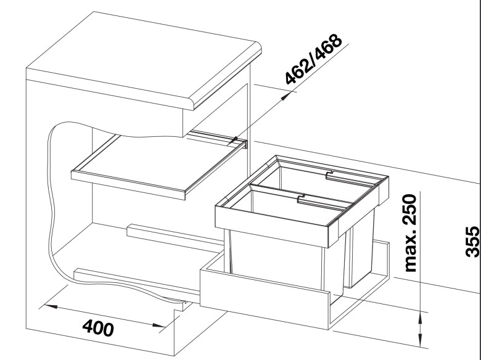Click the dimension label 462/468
(313, 59)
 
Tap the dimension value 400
(98, 328)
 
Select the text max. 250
(411, 233)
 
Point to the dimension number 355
(472, 242)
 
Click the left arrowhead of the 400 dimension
(50, 306)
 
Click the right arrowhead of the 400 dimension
(159, 325)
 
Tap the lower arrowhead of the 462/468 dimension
(233, 141)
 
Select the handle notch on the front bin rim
(302, 198)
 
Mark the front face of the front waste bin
(276, 261)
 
